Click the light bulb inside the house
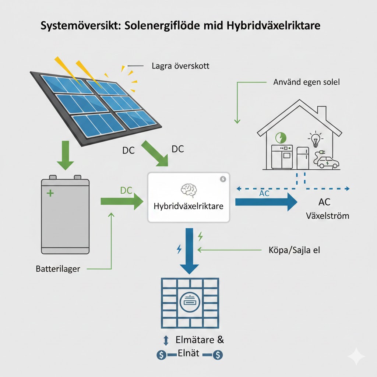[x=315, y=139]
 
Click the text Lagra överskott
[x=180, y=66]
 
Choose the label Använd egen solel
[x=306, y=82]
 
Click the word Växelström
[x=328, y=215]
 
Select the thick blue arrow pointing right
[x=265, y=202]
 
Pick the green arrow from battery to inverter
[x=121, y=201]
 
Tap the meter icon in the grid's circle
[x=190, y=303]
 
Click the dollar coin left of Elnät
[x=161, y=355]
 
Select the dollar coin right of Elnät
[x=218, y=355]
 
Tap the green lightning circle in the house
[x=281, y=138]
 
